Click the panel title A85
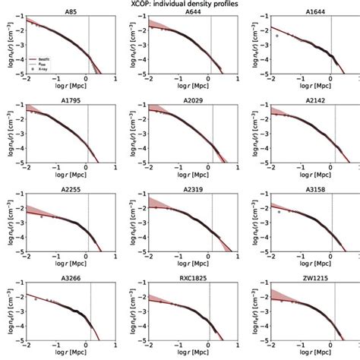click(71, 11)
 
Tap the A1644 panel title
click(315, 11)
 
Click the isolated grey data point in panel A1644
click(278, 36)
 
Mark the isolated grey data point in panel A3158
click(279, 212)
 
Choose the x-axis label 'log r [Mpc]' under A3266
click(71, 355)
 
